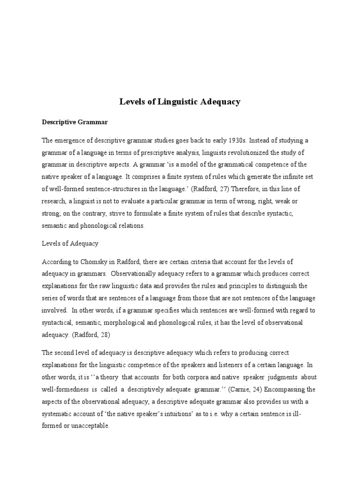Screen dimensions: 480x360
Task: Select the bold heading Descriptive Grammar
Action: click(75, 122)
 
